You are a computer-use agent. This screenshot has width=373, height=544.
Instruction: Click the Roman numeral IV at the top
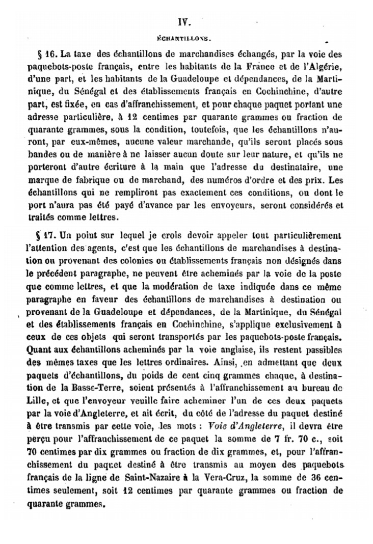point(184,22)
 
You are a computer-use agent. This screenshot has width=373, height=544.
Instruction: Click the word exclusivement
point(292,323)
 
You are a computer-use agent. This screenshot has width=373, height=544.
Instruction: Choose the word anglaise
point(229,349)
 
